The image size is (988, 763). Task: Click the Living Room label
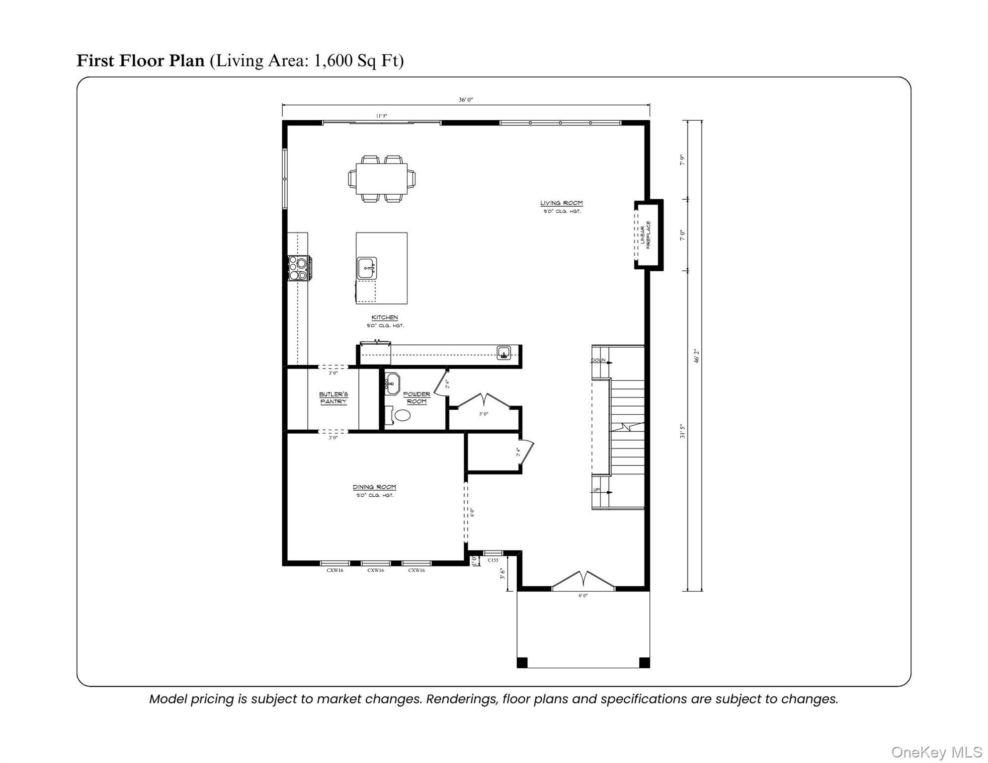click(x=561, y=203)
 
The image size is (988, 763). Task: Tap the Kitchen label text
click(x=384, y=317)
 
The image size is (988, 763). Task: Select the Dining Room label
click(x=374, y=487)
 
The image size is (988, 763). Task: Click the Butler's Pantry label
click(x=333, y=398)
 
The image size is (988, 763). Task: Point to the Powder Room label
click(x=416, y=398)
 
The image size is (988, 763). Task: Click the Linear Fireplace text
click(x=645, y=235)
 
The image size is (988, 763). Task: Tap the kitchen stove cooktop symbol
click(x=299, y=269)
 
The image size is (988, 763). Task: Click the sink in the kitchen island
click(x=367, y=269)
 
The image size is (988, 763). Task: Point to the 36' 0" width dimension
click(x=465, y=100)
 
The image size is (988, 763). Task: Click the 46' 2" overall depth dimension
click(x=697, y=356)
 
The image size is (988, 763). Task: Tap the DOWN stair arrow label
click(x=598, y=360)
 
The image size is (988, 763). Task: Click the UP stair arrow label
click(x=596, y=490)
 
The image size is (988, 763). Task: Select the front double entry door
click(x=583, y=581)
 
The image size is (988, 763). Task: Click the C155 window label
click(x=493, y=560)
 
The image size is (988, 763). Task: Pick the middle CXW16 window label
click(x=375, y=570)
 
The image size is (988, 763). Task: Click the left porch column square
click(x=522, y=663)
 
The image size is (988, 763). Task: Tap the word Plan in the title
click(x=187, y=61)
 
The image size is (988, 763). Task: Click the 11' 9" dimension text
click(x=381, y=116)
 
